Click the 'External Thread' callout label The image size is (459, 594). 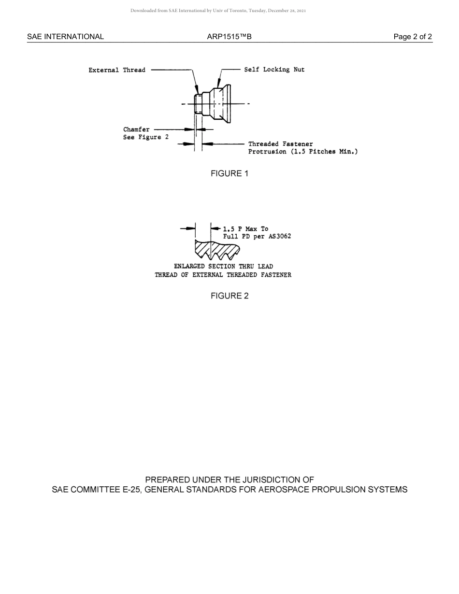coord(117,70)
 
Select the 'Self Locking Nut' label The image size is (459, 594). coord(274,70)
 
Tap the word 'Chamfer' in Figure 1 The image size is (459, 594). coord(136,129)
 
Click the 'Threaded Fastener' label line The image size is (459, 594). coord(280,144)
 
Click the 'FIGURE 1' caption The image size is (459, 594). coord(229,174)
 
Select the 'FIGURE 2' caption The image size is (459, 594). coord(229,296)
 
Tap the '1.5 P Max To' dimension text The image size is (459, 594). coord(245,229)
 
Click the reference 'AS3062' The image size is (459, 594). coord(279,237)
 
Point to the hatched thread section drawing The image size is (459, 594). coord(217,249)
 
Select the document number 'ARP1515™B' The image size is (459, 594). coord(229,37)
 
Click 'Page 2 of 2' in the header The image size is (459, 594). coord(413,37)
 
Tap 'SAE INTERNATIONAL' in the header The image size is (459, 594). coord(65,37)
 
